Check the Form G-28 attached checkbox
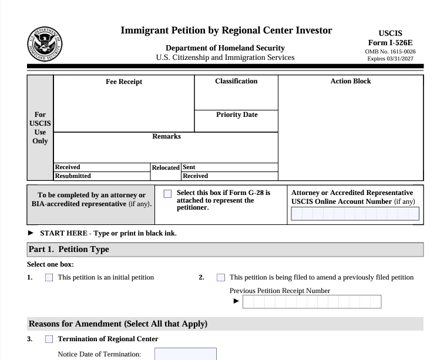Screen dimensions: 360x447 pyautogui.click(x=168, y=193)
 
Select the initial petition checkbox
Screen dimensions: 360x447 pyautogui.click(x=49, y=277)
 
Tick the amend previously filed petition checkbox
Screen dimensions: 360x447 pyautogui.click(x=221, y=277)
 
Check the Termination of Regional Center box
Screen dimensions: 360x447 pyautogui.click(x=49, y=339)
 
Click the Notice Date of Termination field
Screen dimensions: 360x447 pyautogui.click(x=185, y=354)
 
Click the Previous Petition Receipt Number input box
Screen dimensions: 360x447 pyautogui.click(x=311, y=302)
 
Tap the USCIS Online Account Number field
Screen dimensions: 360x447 pyautogui.click(x=354, y=214)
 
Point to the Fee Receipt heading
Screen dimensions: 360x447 pyautogui.click(x=123, y=82)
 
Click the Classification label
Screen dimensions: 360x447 pyautogui.click(x=236, y=81)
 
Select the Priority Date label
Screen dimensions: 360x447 pyautogui.click(x=236, y=115)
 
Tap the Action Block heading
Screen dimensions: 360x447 pyautogui.click(x=351, y=81)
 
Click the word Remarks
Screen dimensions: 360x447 pyautogui.click(x=166, y=136)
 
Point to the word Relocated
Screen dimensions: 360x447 pyautogui.click(x=166, y=167)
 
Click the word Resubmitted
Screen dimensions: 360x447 pyautogui.click(x=73, y=176)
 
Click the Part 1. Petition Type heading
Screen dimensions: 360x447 pyautogui.click(x=69, y=250)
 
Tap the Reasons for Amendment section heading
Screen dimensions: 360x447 pyautogui.click(x=117, y=324)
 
